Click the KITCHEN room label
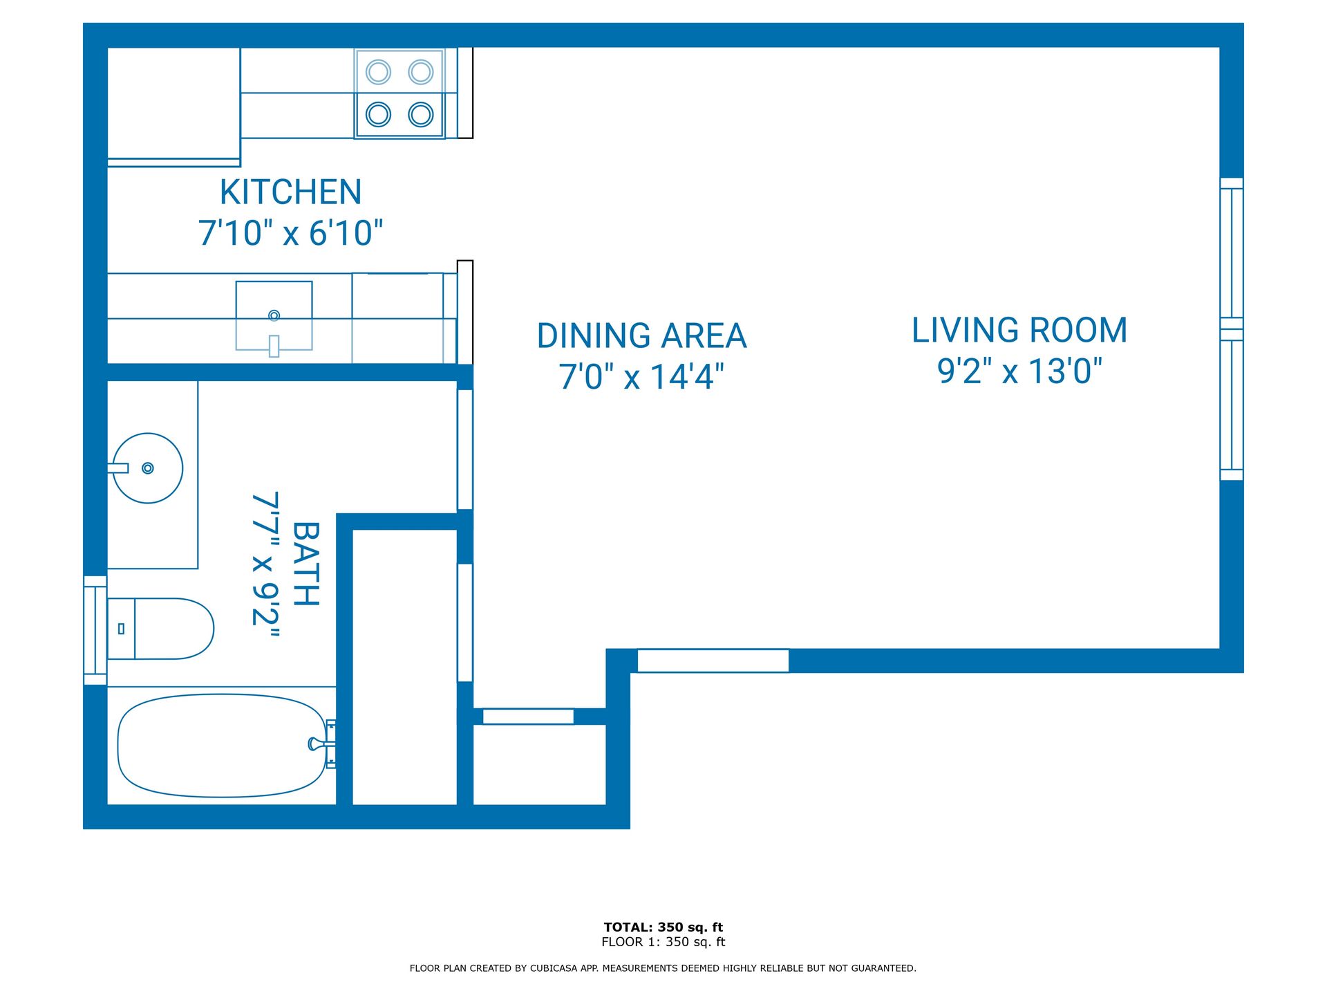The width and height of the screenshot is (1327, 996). click(x=290, y=192)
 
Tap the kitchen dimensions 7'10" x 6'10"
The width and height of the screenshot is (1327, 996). click(x=290, y=233)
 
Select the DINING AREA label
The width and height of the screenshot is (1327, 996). click(x=641, y=336)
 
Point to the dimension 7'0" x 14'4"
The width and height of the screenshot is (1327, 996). click(x=641, y=377)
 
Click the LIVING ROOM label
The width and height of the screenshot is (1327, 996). click(x=1019, y=331)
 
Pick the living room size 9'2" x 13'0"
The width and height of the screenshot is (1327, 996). click(x=1019, y=371)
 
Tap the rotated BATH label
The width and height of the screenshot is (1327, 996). click(x=306, y=564)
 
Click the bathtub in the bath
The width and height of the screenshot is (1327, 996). click(x=221, y=746)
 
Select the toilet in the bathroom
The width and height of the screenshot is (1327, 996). click(x=162, y=629)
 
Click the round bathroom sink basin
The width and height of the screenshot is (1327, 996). click(x=148, y=468)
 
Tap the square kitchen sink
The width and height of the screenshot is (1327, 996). click(x=274, y=315)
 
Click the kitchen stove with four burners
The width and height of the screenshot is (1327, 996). click(x=399, y=93)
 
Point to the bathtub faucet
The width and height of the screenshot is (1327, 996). click(x=320, y=744)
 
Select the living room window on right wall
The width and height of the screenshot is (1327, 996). click(x=1231, y=329)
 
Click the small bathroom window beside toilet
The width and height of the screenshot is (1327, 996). click(x=95, y=630)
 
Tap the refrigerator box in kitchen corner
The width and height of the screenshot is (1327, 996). click(x=173, y=104)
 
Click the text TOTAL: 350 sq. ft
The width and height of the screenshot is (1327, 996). click(x=663, y=927)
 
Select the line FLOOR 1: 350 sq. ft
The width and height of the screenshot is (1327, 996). click(x=663, y=942)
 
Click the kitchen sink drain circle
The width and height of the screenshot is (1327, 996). click(x=274, y=315)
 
